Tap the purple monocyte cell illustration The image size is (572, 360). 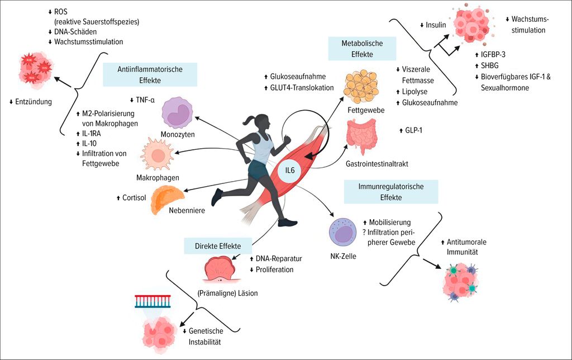point(180,111)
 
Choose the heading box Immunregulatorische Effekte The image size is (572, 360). point(390,191)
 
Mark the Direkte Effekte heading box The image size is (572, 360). point(218,245)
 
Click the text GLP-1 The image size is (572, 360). point(413,130)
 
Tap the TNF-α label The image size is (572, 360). point(145,100)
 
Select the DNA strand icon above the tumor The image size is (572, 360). point(152,301)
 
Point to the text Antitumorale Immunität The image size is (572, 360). point(468,247)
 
